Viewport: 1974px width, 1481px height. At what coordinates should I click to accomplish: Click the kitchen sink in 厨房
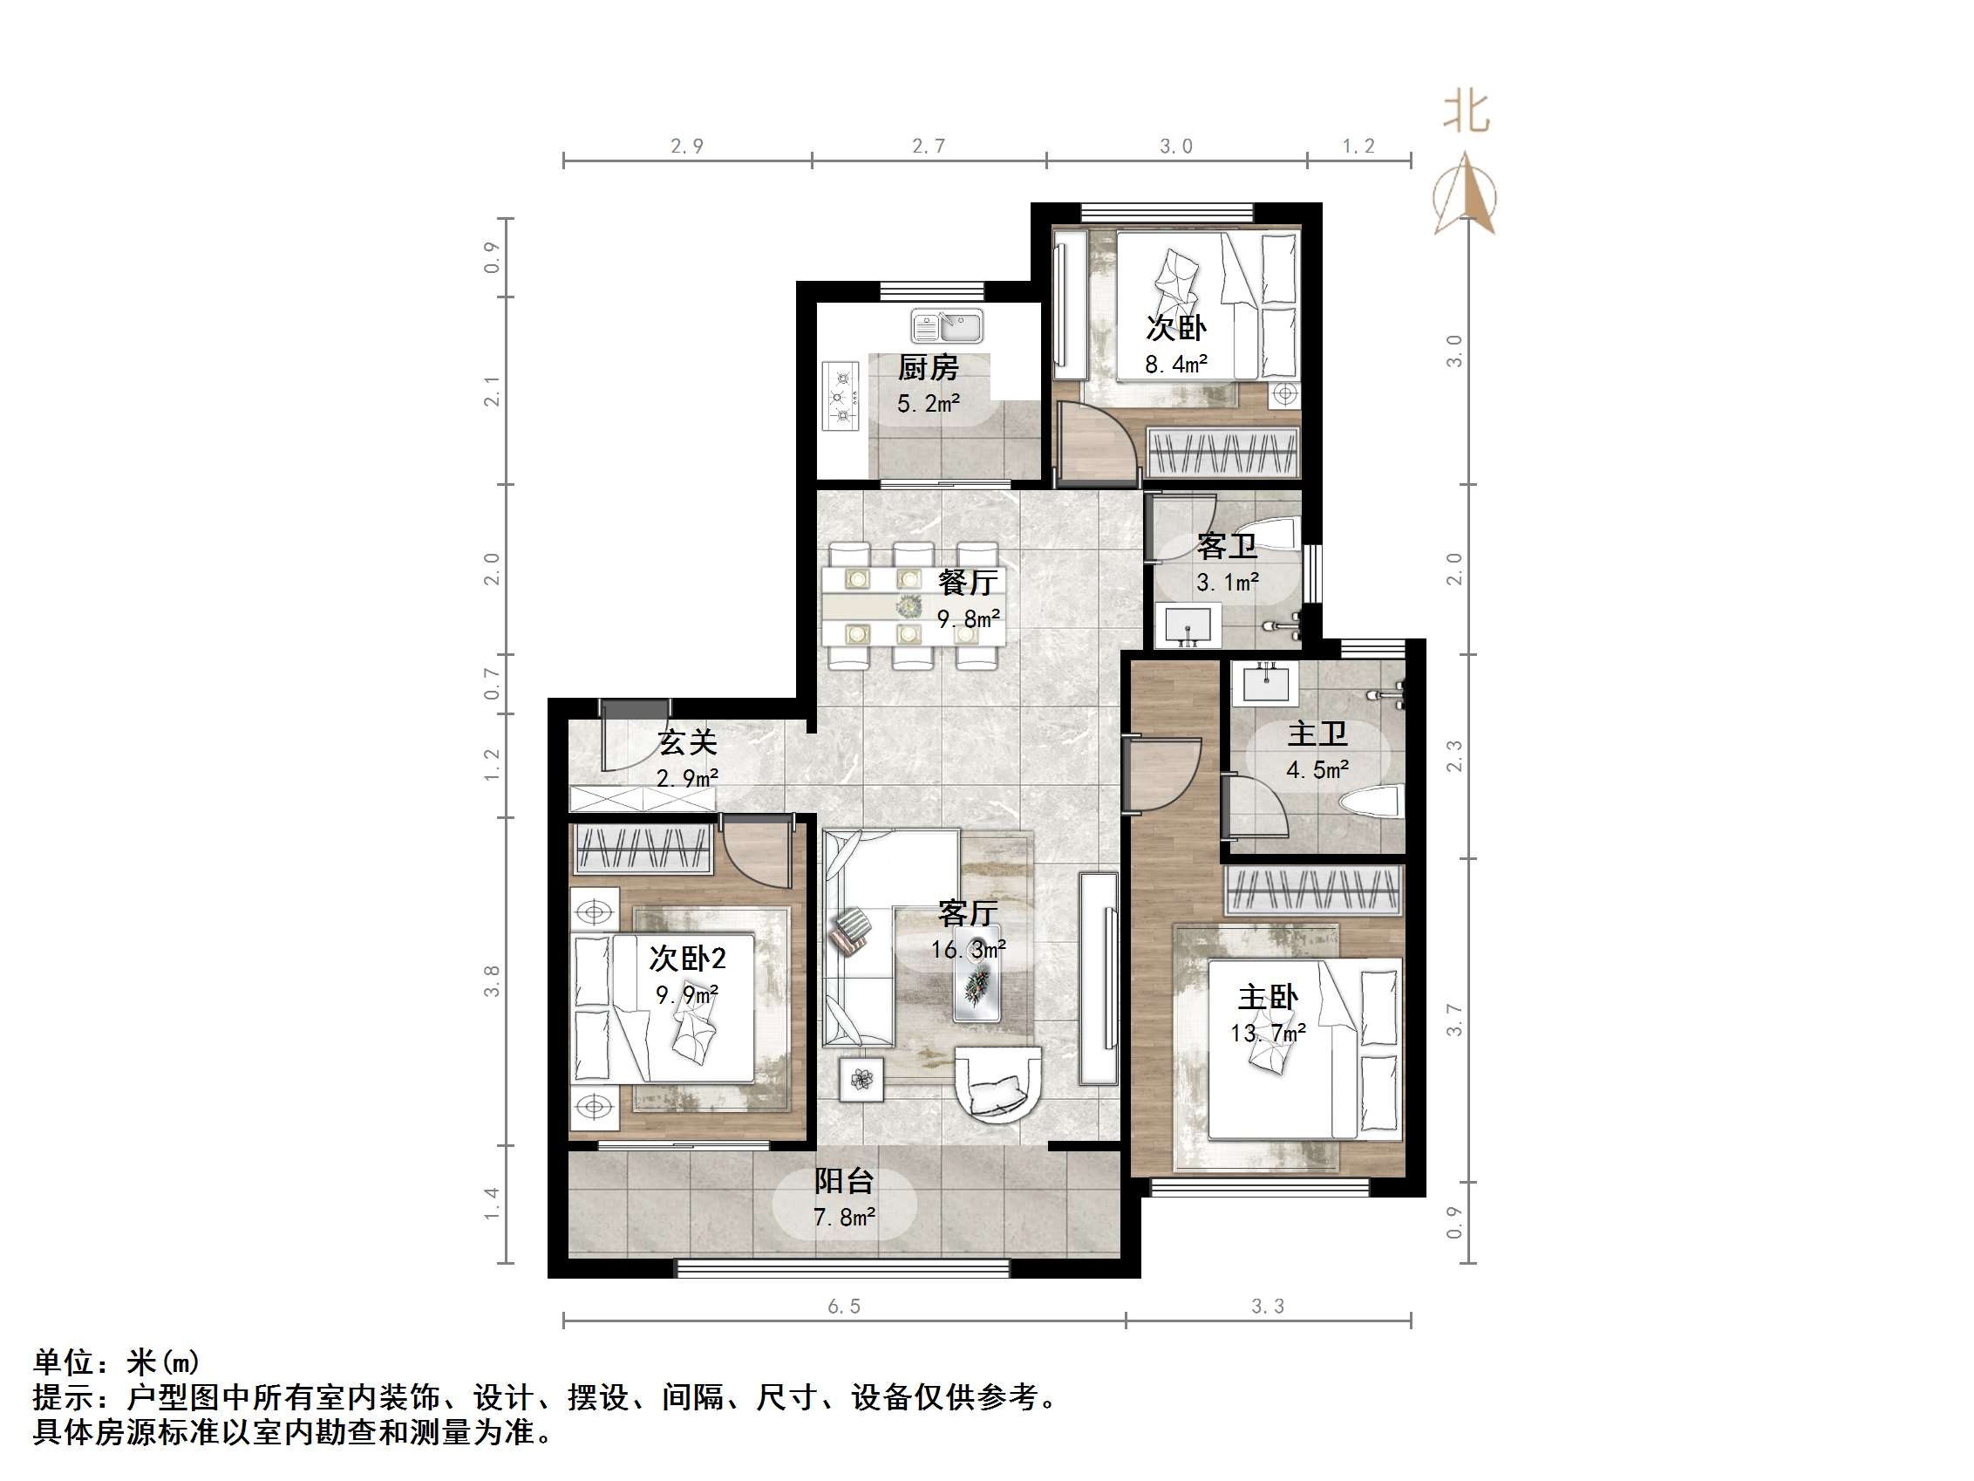click(947, 326)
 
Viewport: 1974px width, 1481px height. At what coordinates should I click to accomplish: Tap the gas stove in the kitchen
click(840, 396)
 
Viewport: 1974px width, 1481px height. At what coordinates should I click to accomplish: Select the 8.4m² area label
click(1176, 365)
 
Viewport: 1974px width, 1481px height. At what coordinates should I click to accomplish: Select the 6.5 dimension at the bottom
click(843, 1307)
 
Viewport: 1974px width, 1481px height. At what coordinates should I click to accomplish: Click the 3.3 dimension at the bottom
click(1267, 1307)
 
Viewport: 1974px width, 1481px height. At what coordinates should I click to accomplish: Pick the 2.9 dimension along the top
click(686, 146)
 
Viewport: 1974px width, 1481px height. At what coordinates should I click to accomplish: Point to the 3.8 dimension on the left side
click(492, 980)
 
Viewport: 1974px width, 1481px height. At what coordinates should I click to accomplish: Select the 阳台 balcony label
click(843, 1181)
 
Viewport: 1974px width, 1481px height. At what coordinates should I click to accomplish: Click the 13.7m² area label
click(1268, 1034)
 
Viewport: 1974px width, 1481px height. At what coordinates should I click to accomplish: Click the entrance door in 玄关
click(624, 737)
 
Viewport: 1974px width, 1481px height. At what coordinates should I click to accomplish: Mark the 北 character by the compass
click(1467, 113)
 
